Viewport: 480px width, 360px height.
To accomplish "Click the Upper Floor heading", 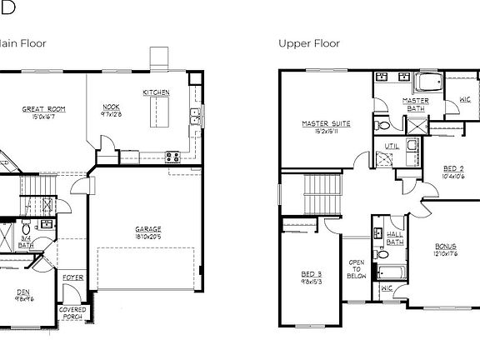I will click(x=308, y=43).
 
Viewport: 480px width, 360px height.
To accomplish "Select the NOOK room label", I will click(x=111, y=107).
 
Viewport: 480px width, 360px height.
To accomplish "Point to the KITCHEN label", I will click(x=156, y=92).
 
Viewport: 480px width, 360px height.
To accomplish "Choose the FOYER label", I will click(x=72, y=277).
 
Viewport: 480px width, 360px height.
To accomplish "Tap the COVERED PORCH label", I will click(x=72, y=313).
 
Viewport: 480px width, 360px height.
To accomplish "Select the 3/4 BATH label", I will click(x=25, y=241).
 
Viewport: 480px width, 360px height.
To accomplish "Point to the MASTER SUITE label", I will click(x=326, y=125).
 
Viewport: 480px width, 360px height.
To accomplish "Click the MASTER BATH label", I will click(x=415, y=105).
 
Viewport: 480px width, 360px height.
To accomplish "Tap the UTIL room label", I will click(x=391, y=146).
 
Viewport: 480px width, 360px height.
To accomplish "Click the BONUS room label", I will click(x=446, y=247).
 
